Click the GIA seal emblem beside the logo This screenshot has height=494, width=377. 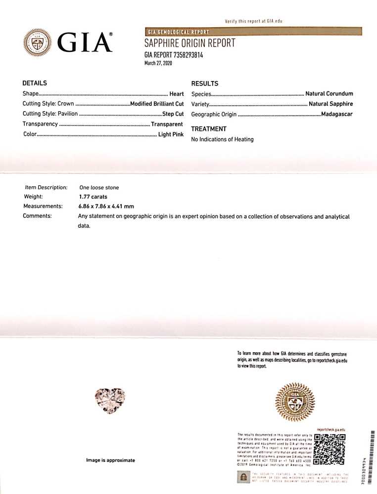(38, 43)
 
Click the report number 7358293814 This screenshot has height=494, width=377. (185, 55)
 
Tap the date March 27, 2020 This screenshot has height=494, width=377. (158, 63)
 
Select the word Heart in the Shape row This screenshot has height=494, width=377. (177, 94)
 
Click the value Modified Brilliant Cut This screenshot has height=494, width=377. (157, 104)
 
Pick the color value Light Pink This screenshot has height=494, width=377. (171, 134)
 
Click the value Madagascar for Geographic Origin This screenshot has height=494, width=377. (337, 115)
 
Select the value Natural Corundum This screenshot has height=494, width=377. (329, 94)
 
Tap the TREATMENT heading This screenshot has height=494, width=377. (209, 129)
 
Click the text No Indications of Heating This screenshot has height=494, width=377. (222, 139)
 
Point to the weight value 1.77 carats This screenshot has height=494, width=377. (94, 197)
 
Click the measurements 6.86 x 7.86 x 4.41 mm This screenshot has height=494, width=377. (106, 206)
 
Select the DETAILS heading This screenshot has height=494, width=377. (35, 83)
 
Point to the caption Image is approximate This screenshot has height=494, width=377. (110, 460)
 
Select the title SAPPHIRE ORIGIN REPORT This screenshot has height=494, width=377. (189, 43)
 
